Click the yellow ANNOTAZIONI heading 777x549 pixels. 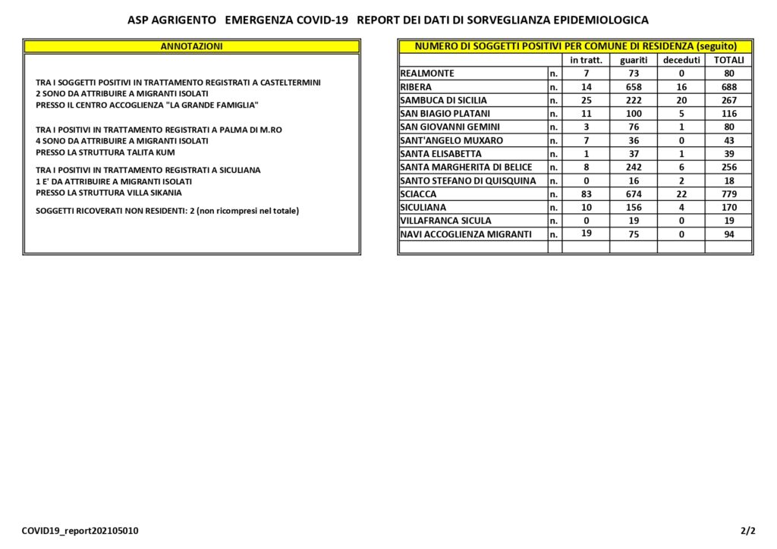(191, 46)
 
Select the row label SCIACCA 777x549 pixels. (418, 194)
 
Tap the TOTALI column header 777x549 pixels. (728, 60)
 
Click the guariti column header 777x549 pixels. (633, 60)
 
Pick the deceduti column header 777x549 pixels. (681, 60)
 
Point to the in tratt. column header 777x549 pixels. (586, 60)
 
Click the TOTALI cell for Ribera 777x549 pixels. (728, 87)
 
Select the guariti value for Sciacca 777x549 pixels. (633, 194)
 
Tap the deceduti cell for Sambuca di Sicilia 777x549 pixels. (681, 100)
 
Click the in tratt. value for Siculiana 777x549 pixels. (586, 207)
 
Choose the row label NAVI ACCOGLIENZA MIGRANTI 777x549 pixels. (466, 234)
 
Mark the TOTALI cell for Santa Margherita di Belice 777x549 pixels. (728, 168)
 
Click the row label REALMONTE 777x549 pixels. (427, 74)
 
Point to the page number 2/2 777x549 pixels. (748, 531)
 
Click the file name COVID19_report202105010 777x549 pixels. (80, 531)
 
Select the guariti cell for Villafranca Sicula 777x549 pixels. (633, 221)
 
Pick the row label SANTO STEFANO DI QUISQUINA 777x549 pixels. (467, 180)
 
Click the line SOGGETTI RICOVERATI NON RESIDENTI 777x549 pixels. (167, 210)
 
